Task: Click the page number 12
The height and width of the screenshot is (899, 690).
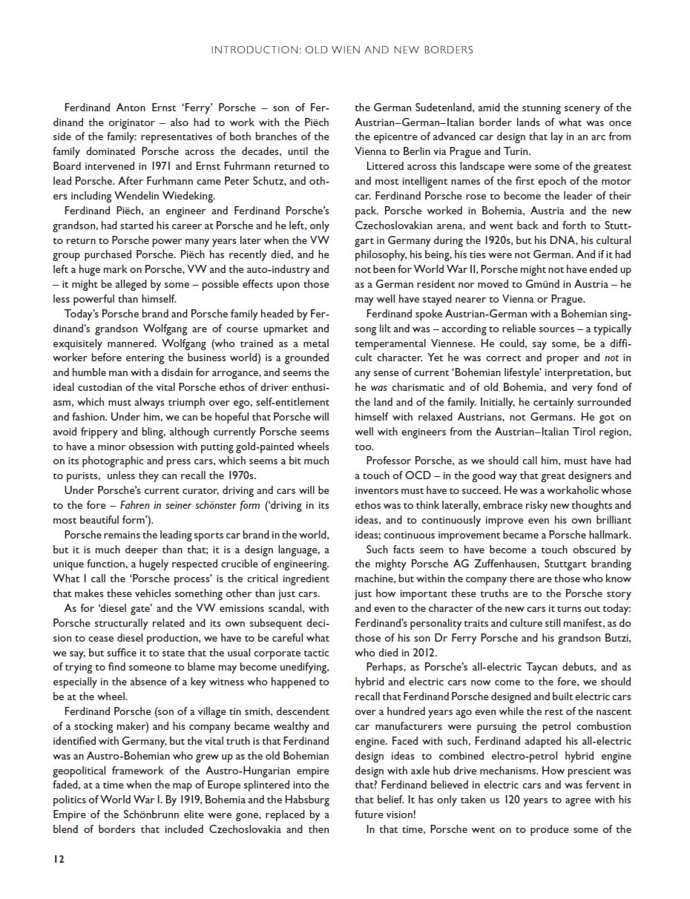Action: click(x=59, y=859)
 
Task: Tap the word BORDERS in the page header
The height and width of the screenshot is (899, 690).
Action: click(x=444, y=50)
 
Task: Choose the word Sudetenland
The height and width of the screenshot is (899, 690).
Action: click(x=436, y=108)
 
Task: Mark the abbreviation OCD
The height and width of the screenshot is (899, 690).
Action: click(x=418, y=476)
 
